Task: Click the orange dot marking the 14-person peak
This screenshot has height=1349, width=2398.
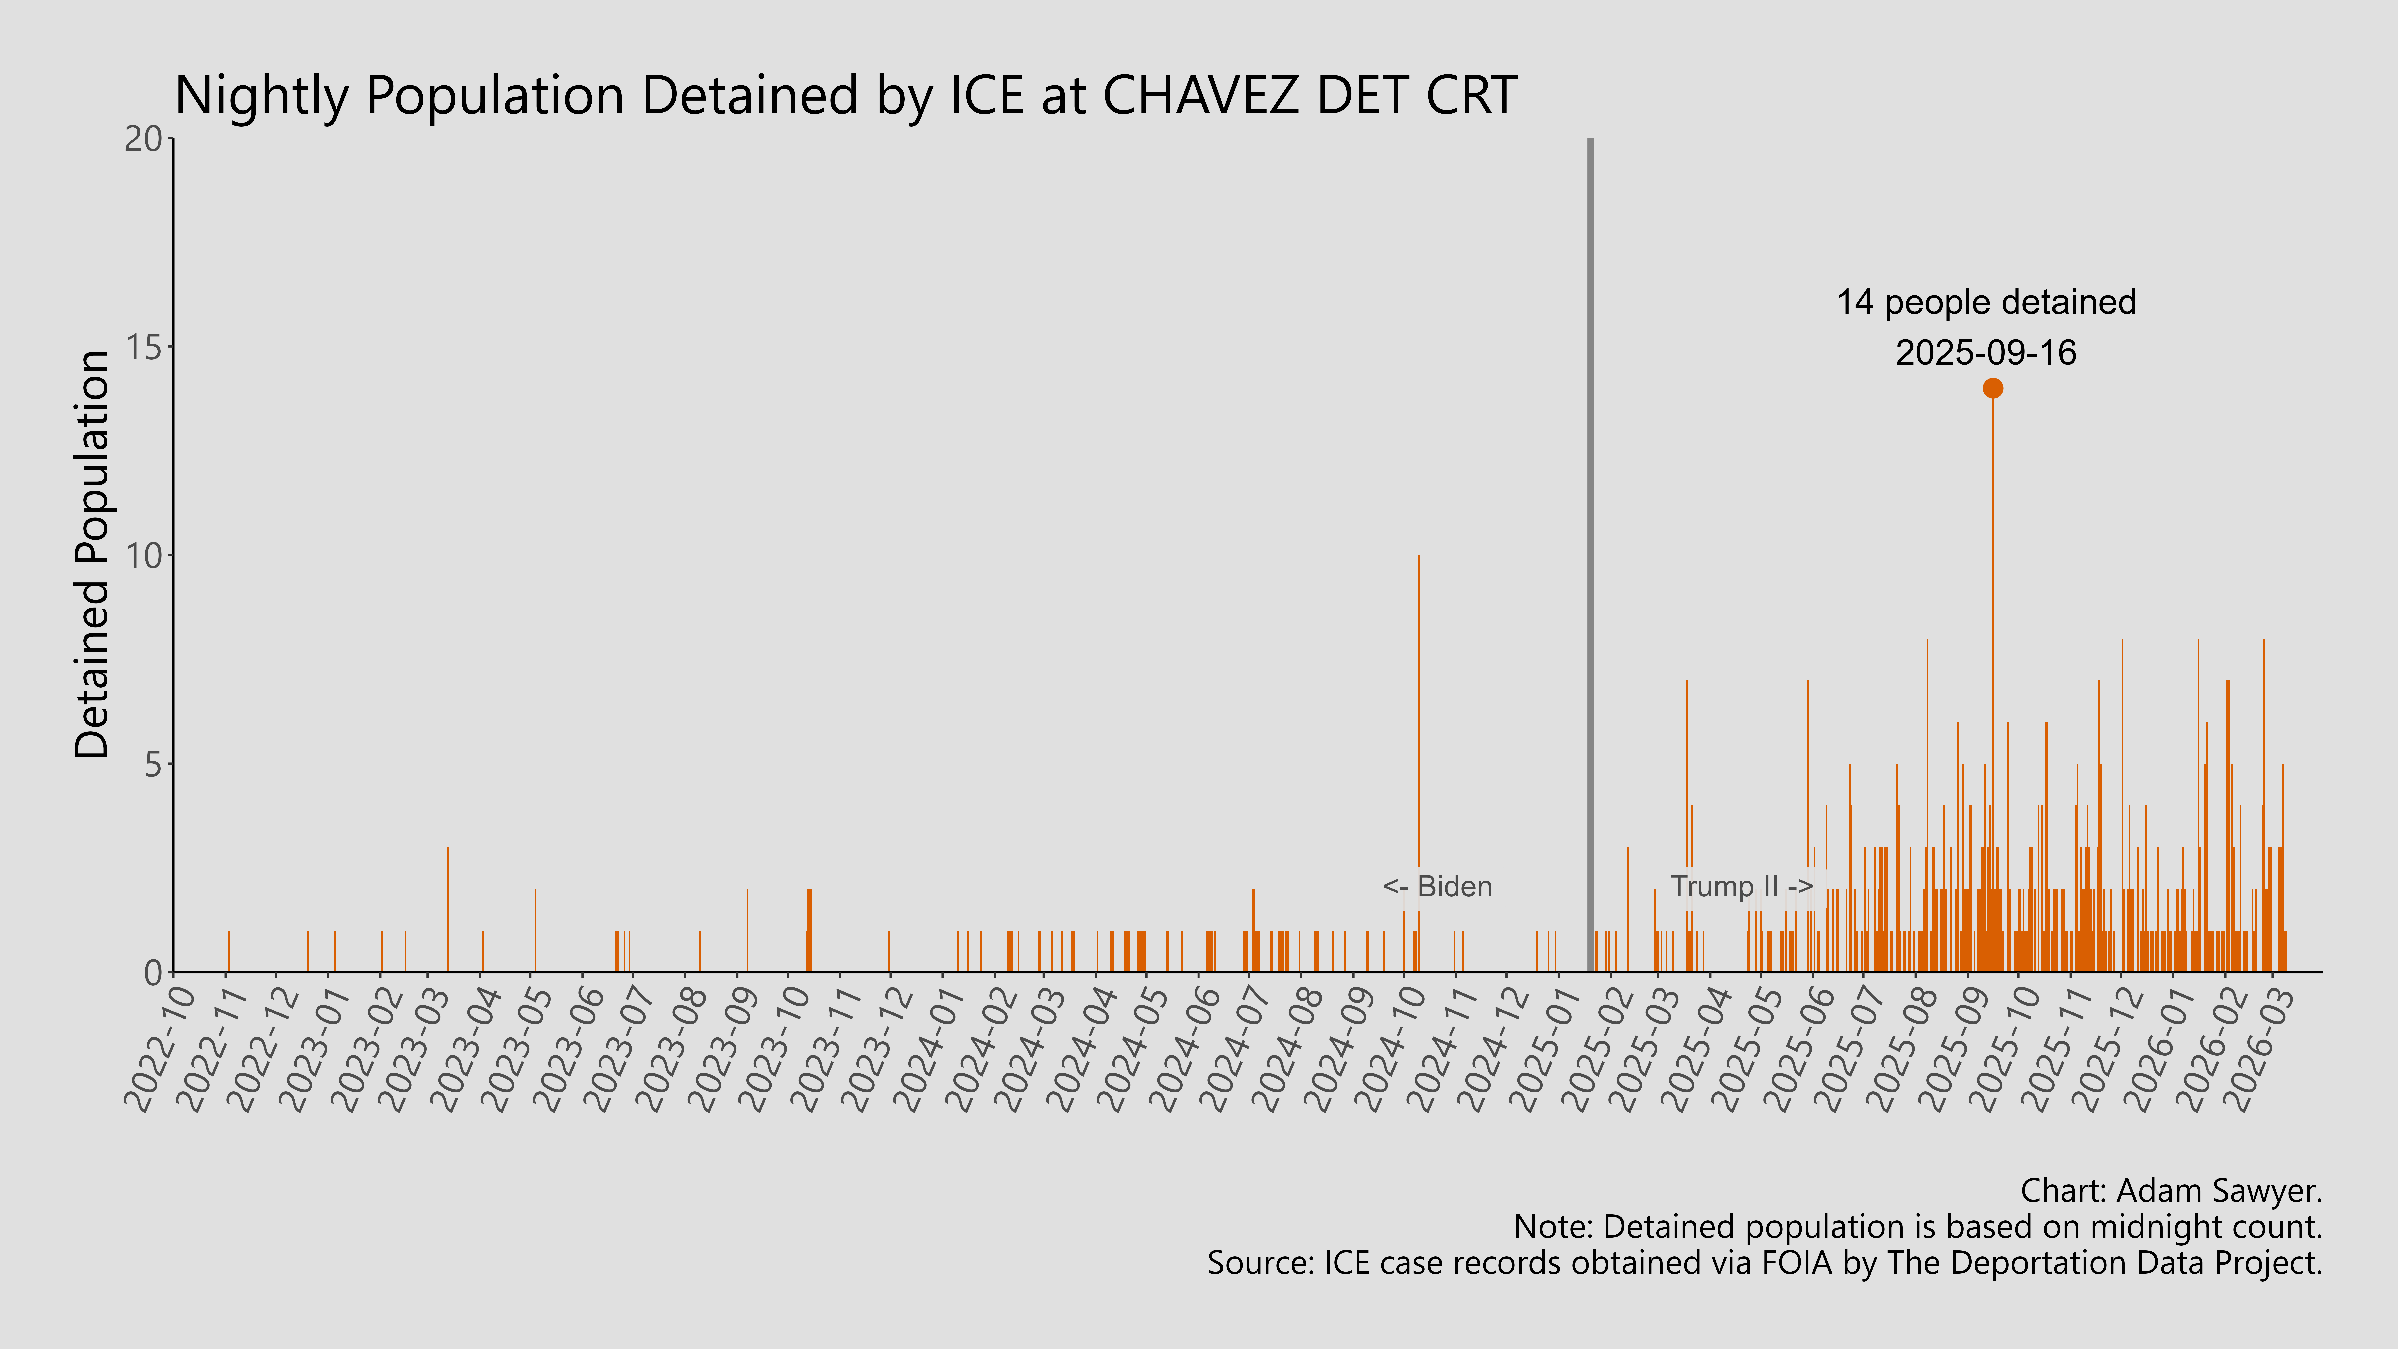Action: tap(1992, 388)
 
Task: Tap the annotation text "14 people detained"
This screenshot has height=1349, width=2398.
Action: tap(1987, 303)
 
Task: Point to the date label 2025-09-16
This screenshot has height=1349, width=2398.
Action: tap(1987, 353)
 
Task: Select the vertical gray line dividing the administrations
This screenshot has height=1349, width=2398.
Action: tap(1590, 559)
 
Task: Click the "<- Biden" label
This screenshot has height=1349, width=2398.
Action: tap(1437, 886)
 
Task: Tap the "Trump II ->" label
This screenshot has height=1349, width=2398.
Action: tap(1741, 886)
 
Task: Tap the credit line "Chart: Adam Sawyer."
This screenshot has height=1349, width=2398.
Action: tap(2171, 1191)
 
